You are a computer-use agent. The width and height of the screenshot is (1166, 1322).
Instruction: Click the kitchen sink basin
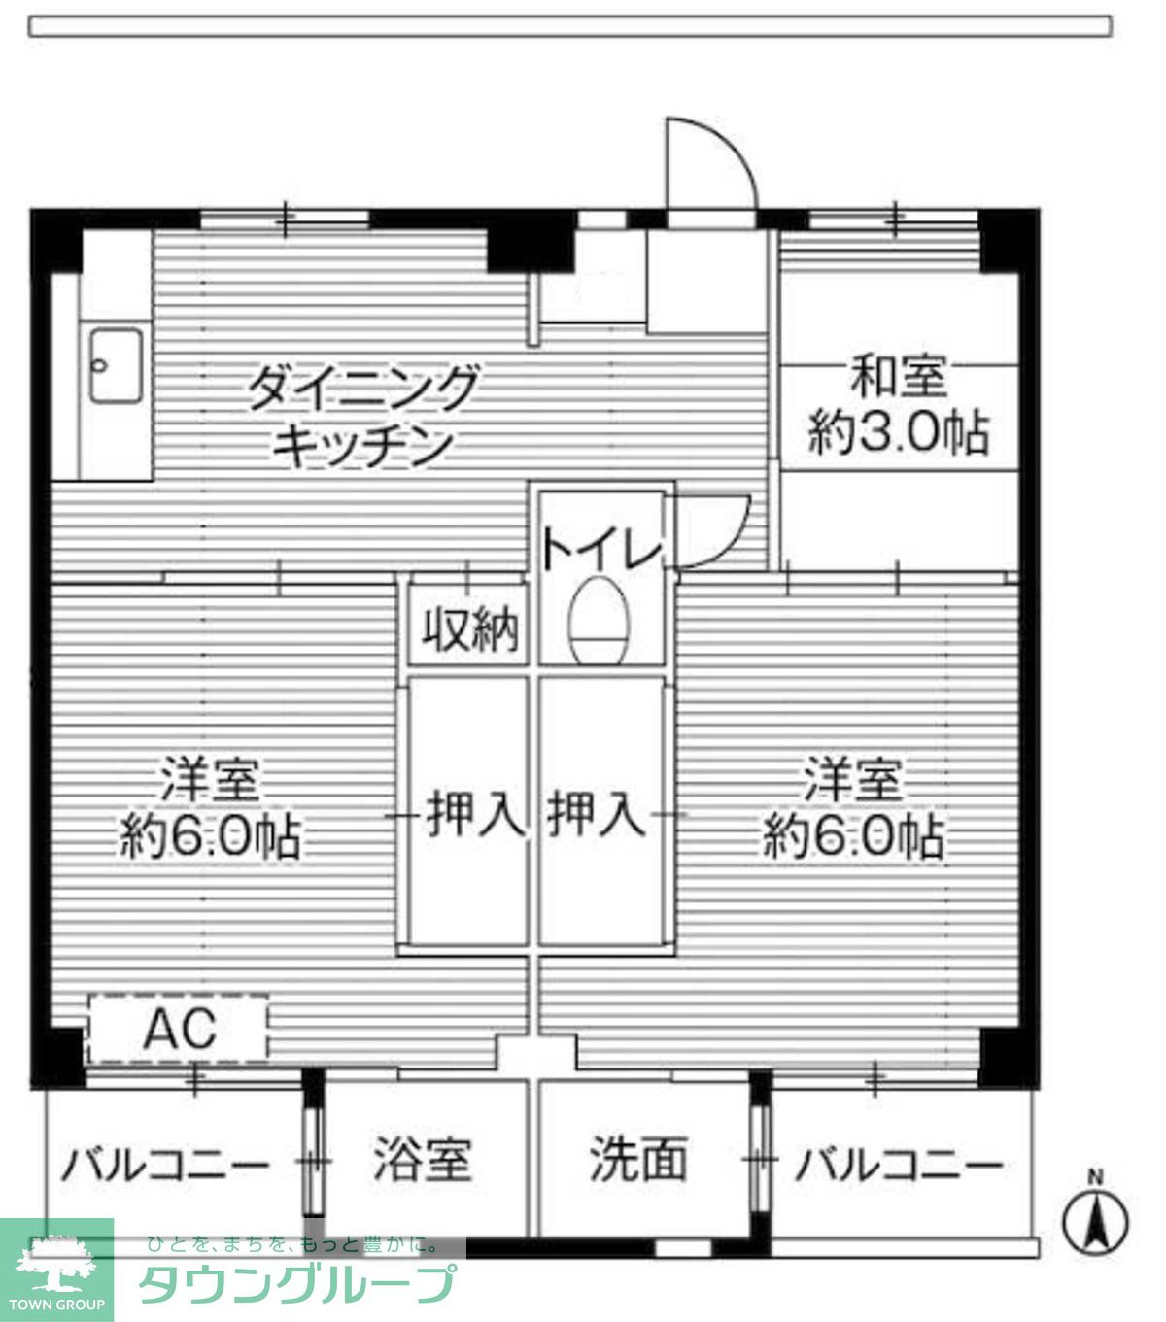click(116, 365)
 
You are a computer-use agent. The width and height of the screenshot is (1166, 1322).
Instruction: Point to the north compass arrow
click(1096, 1221)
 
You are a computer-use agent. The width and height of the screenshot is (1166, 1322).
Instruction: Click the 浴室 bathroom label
click(422, 1160)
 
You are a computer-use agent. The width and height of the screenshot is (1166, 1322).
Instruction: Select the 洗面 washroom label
click(638, 1160)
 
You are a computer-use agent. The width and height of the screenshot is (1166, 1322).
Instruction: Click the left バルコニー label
click(165, 1163)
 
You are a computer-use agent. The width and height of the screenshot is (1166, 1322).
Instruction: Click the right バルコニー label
click(898, 1163)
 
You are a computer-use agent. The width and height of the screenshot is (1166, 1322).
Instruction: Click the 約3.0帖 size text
click(899, 434)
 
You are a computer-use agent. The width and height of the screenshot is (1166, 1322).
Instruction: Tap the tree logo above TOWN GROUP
click(55, 1260)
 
